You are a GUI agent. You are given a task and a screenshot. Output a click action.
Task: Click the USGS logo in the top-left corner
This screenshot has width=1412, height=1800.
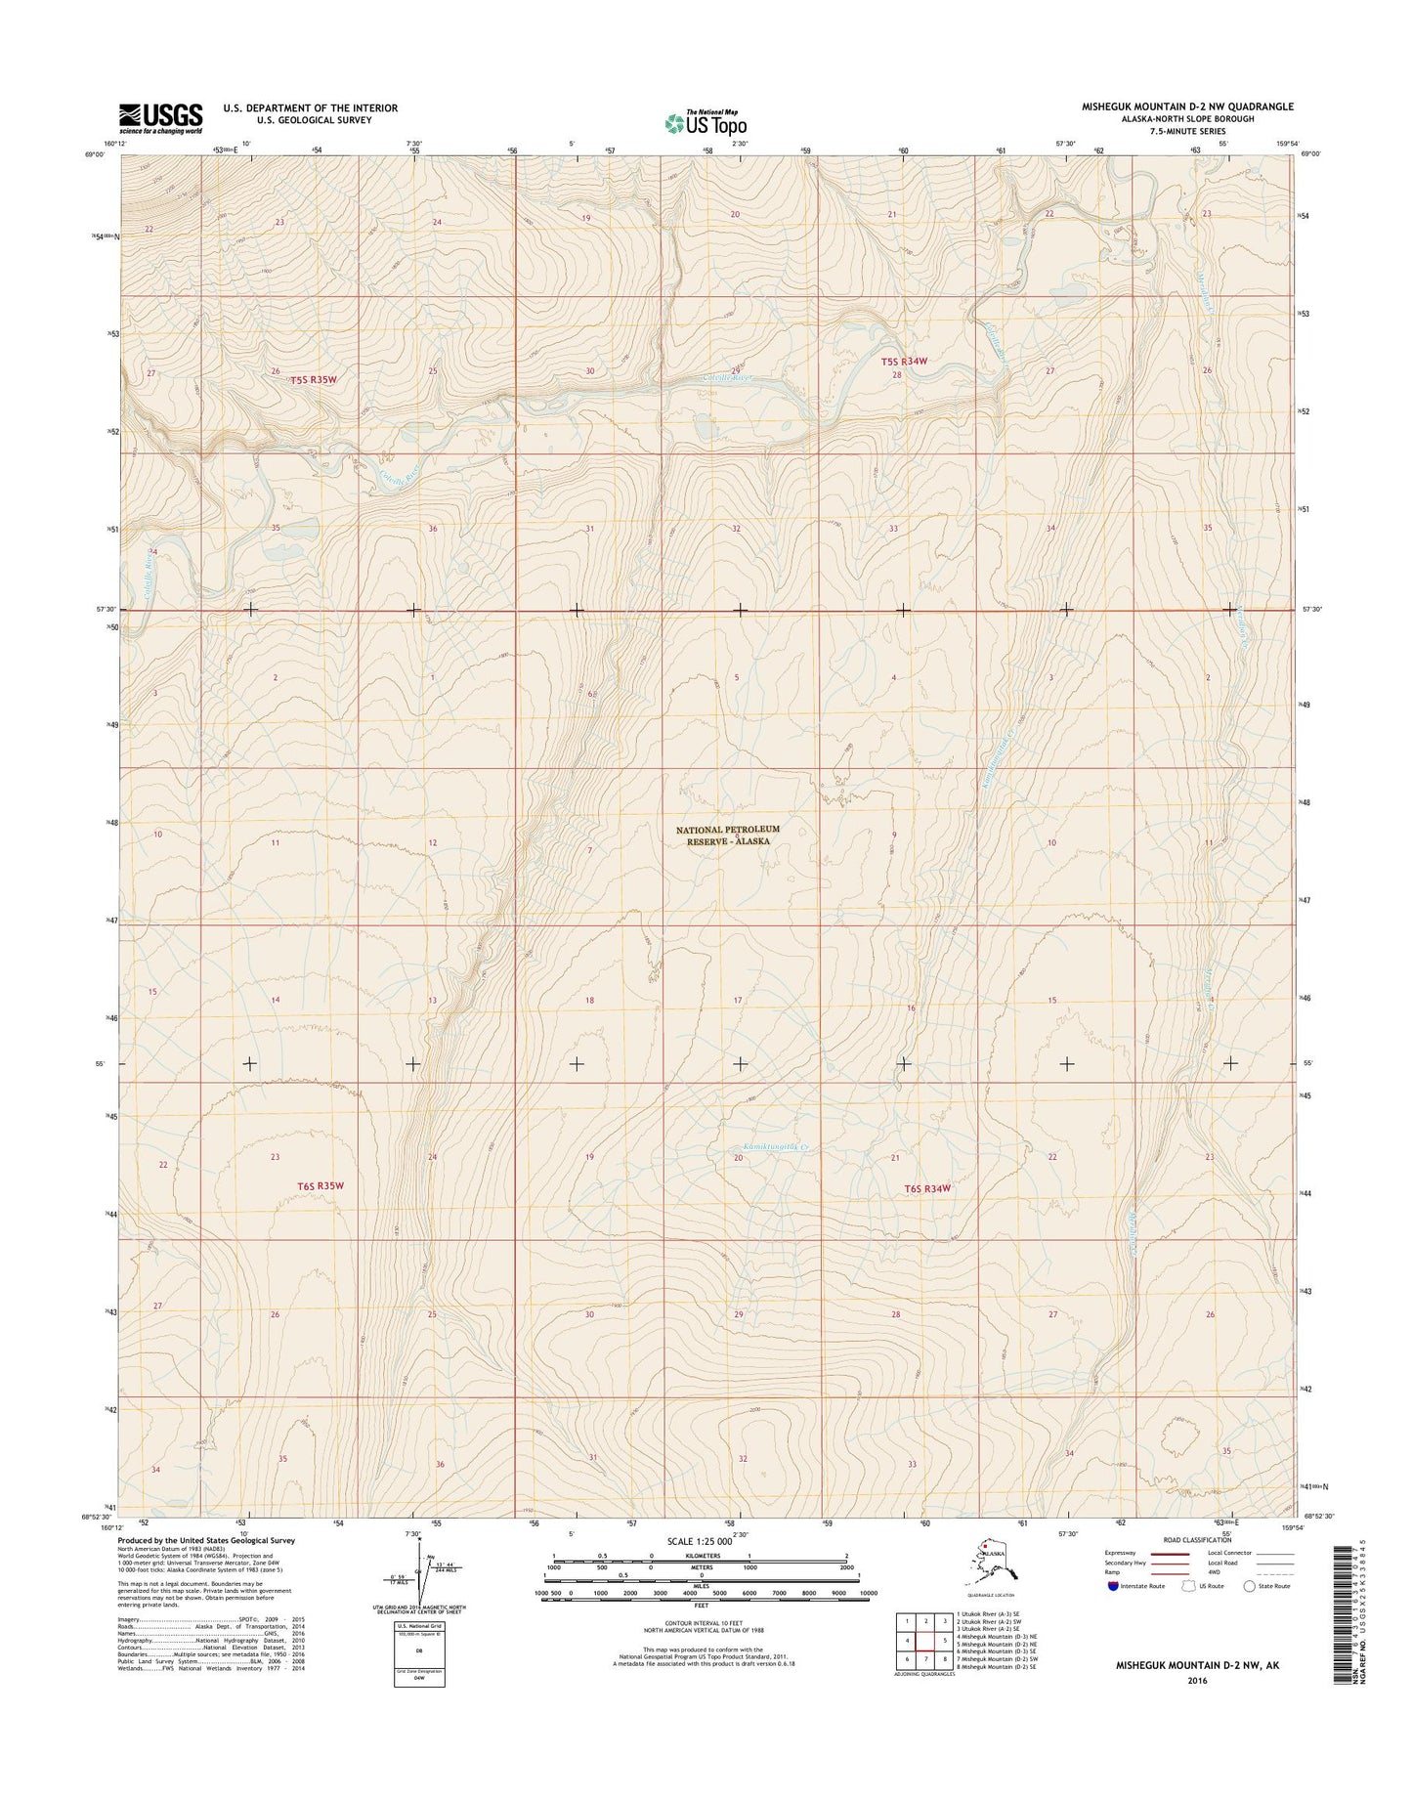tap(160, 117)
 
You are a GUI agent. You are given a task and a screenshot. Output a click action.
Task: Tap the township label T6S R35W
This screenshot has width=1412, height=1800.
tap(321, 1185)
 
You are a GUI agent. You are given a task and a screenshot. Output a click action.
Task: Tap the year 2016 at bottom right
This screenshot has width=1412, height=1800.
tap(1198, 1708)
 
